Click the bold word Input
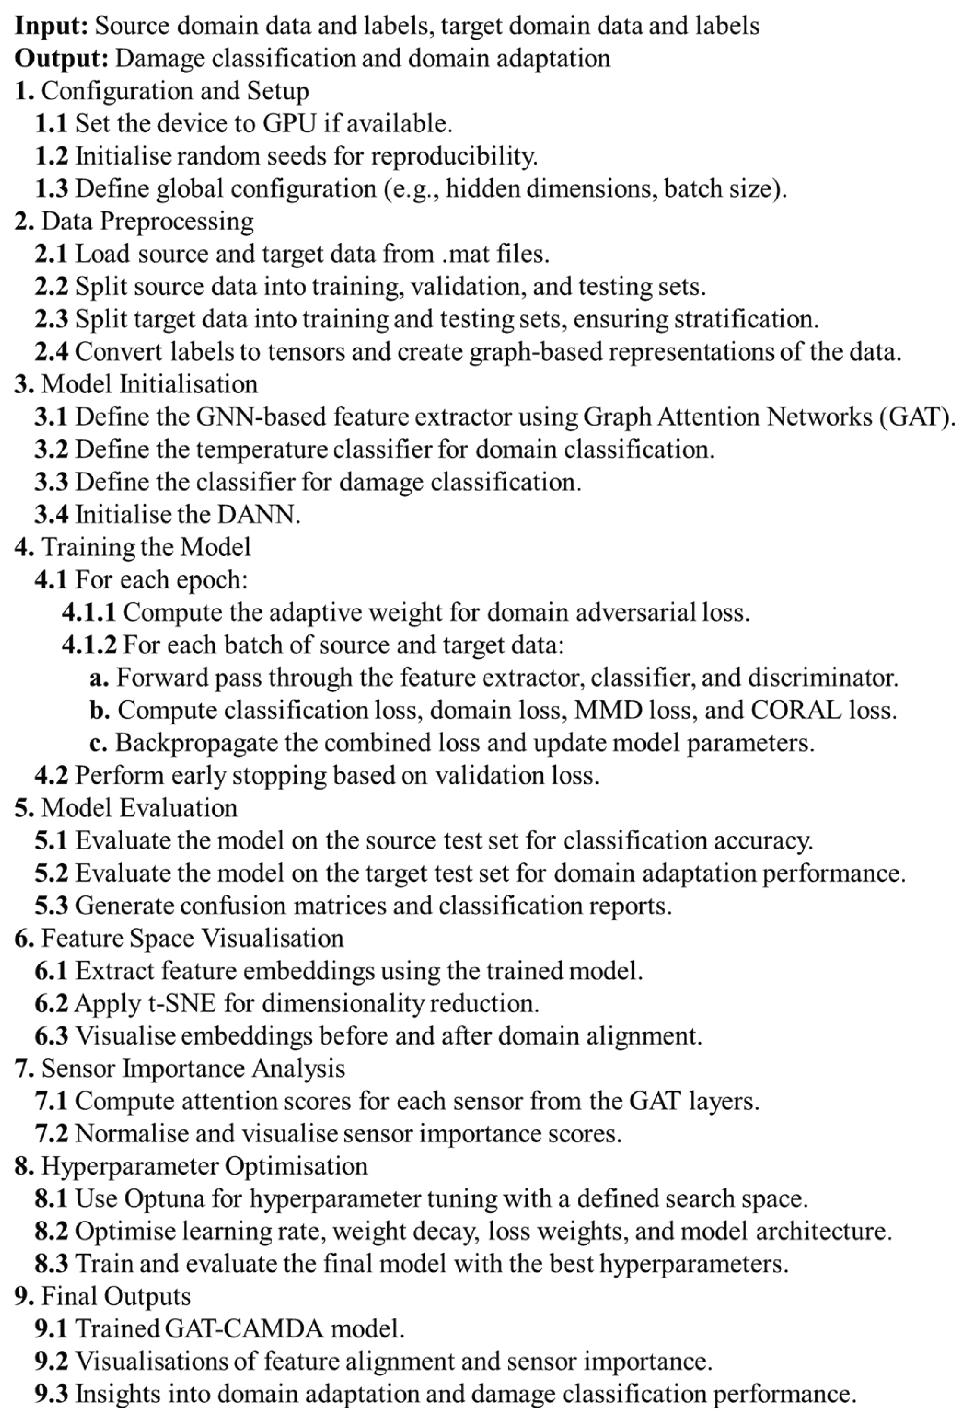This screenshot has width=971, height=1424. pyautogui.click(x=51, y=26)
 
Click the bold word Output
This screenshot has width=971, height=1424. pyautogui.click(x=61, y=59)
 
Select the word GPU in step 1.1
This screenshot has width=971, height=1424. pyautogui.click(x=289, y=124)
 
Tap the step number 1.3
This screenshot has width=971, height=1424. pyautogui.click(x=51, y=189)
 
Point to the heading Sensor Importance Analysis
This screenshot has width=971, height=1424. pyautogui.click(x=193, y=1069)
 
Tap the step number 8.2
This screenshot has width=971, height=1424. pyautogui.click(x=51, y=1231)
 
